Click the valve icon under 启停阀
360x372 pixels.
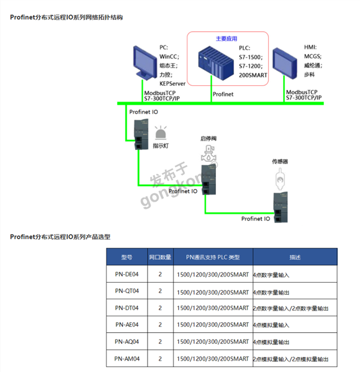[x=208, y=154]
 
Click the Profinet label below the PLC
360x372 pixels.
[x=223, y=94]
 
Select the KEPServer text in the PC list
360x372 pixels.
[x=172, y=83]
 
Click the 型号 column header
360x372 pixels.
[x=127, y=257]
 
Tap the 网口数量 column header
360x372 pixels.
[x=160, y=257]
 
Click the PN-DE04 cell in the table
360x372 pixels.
[x=127, y=274]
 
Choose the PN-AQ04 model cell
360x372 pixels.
[x=127, y=342]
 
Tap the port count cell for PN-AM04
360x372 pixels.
[x=160, y=359]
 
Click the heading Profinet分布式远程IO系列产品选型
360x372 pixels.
[x=61, y=236]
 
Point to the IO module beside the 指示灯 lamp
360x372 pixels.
[x=138, y=131]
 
